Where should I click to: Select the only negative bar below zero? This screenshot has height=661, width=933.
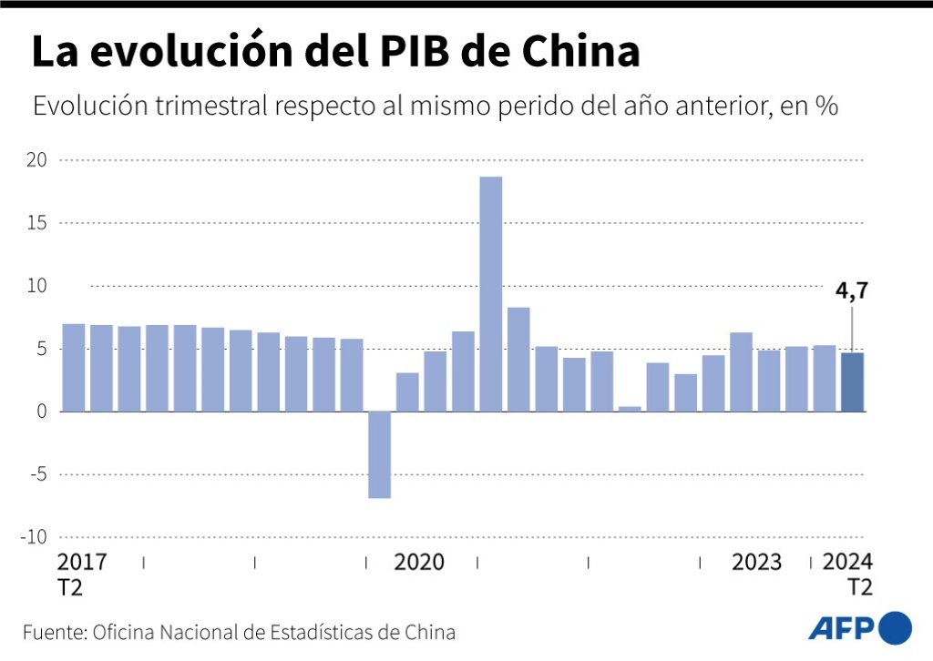tap(380, 454)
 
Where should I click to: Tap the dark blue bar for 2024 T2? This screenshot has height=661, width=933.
tap(853, 381)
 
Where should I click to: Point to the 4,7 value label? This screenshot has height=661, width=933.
tap(853, 293)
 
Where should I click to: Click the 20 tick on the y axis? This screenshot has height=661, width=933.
tap(37, 160)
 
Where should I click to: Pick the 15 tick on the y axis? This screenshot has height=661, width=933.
tap(37, 223)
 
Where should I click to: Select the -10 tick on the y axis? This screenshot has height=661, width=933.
tap(34, 537)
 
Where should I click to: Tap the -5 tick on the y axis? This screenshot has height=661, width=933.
tap(37, 474)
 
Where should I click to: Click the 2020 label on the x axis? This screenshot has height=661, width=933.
tap(419, 562)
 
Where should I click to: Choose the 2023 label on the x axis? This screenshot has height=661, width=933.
tap(756, 562)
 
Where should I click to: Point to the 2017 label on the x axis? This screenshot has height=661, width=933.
tap(82, 562)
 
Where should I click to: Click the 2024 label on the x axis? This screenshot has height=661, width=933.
tap(847, 562)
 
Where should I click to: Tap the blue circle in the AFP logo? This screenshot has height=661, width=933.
tap(895, 627)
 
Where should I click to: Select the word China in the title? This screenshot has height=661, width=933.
tap(581, 53)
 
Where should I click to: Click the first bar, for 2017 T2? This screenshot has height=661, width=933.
tap(74, 368)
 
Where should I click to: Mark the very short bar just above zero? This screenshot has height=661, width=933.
tap(630, 408)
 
